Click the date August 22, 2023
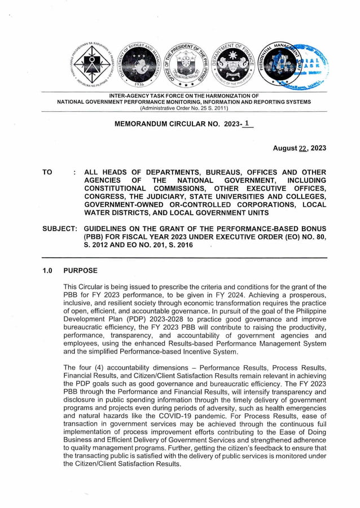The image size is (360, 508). (x=299, y=148)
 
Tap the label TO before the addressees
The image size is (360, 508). (x=48, y=172)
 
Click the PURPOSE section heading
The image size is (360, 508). (x=80, y=270)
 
